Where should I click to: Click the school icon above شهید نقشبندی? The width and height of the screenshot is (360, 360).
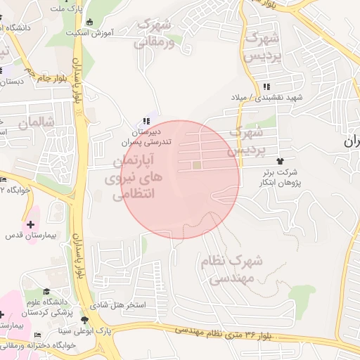click(266, 87)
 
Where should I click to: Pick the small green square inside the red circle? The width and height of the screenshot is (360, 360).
click(198, 165)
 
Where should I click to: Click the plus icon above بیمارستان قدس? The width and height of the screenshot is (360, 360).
click(30, 224)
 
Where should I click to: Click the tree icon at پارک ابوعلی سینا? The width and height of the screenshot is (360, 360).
click(85, 319)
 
